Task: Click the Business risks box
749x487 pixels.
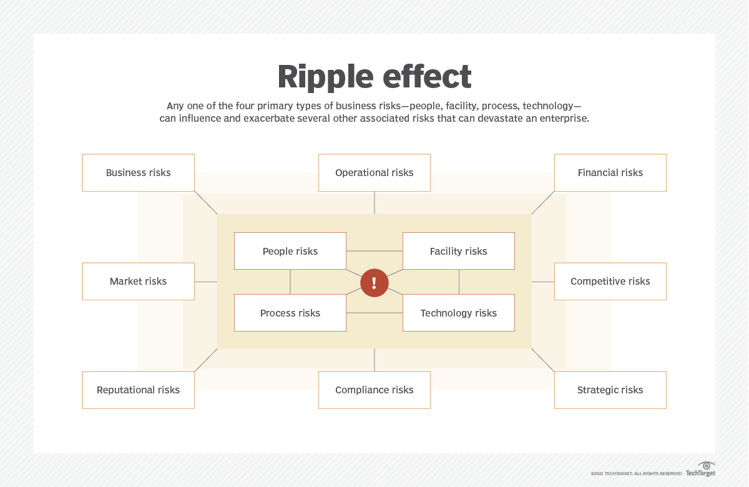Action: (x=138, y=173)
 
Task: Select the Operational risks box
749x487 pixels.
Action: (x=374, y=173)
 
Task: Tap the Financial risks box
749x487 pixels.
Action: (x=610, y=173)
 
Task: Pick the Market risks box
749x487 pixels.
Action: (x=138, y=282)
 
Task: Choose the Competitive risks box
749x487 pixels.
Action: (x=610, y=282)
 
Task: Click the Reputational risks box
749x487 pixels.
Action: (x=138, y=390)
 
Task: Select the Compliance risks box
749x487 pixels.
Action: (x=374, y=390)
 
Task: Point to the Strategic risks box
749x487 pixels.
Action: (x=610, y=390)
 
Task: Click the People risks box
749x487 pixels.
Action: (x=290, y=251)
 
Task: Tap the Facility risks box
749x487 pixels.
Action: (x=458, y=251)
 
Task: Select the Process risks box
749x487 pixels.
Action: (x=290, y=313)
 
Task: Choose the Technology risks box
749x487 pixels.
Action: (x=458, y=313)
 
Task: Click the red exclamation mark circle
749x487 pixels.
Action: (x=374, y=283)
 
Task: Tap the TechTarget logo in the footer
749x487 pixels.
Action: (x=700, y=470)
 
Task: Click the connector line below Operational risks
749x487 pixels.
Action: (x=374, y=202)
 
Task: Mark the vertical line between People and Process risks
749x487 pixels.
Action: (x=290, y=282)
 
